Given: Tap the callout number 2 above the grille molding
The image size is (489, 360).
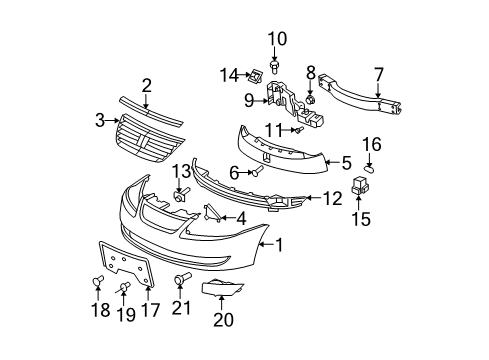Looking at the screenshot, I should (146, 86).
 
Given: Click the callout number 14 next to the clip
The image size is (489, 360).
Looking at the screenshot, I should (229, 73).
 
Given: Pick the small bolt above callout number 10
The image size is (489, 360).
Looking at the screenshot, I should (277, 67).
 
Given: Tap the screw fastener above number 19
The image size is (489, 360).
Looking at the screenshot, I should (124, 289).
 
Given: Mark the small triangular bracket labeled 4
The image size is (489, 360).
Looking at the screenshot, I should (211, 212).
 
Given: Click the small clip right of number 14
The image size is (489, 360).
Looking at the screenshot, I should (255, 72).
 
